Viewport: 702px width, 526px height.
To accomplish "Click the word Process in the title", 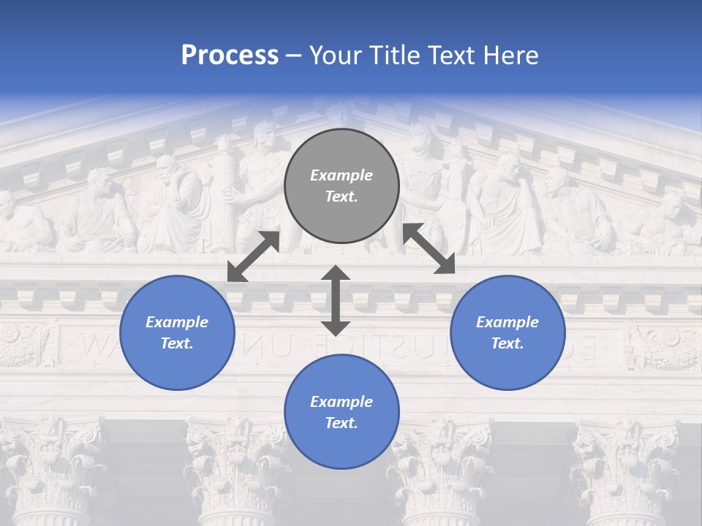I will pyautogui.click(x=230, y=56).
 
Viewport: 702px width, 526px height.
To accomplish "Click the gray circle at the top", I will pyautogui.click(x=341, y=186).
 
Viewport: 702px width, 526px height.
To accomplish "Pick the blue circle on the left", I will pyautogui.click(x=177, y=332).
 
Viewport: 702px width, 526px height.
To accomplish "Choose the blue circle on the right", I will pyautogui.click(x=507, y=332).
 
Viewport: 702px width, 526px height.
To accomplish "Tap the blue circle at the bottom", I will pyautogui.click(x=341, y=412).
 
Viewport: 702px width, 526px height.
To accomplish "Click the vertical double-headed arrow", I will pyautogui.click(x=336, y=300).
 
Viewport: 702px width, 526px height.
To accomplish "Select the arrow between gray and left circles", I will pyautogui.click(x=253, y=256).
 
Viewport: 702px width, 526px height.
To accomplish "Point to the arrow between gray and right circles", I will pyautogui.click(x=429, y=248).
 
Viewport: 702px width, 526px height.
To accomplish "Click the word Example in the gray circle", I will pyautogui.click(x=341, y=175).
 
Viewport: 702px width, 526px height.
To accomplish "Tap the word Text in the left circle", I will pyautogui.click(x=177, y=343).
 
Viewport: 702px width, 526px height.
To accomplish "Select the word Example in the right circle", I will pyautogui.click(x=507, y=322).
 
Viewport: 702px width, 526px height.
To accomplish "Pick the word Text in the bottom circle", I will pyautogui.click(x=341, y=423).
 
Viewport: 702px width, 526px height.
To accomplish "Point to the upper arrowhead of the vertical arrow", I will pyautogui.click(x=336, y=274).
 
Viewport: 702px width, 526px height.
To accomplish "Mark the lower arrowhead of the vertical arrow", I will pyautogui.click(x=336, y=327).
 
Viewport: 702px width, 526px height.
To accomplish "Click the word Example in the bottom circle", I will pyautogui.click(x=341, y=402).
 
